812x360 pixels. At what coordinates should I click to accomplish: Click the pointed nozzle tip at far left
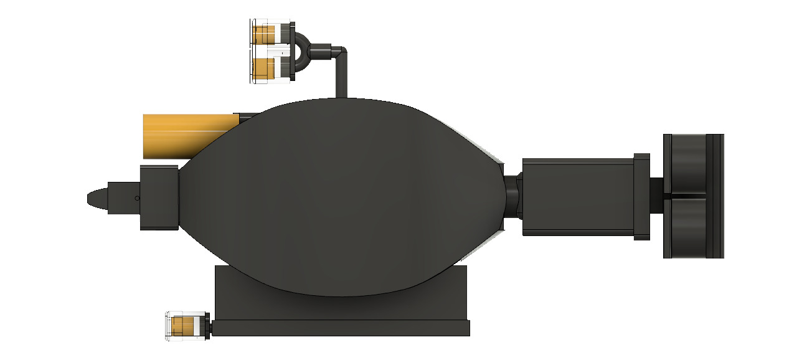93,198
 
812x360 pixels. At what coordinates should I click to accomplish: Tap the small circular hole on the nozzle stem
136,198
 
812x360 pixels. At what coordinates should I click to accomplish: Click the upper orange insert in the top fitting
265,32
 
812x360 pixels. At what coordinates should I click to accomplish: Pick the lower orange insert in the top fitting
265,68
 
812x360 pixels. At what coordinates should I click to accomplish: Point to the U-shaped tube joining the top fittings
301,50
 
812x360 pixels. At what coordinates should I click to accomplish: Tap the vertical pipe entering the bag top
341,78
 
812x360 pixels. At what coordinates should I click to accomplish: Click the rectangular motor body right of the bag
577,197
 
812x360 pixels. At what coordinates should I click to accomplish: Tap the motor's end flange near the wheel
641,197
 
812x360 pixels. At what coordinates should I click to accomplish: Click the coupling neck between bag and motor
512,197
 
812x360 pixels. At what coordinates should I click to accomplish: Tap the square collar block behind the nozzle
159,198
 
